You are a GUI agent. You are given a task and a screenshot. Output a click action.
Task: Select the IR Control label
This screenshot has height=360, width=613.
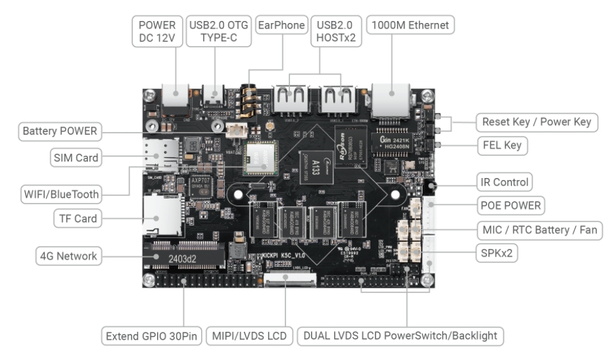tap(504, 182)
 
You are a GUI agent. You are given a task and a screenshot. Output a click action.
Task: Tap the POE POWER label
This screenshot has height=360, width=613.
tap(511, 206)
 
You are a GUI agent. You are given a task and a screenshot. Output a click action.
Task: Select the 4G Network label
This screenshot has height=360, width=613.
tap(68, 257)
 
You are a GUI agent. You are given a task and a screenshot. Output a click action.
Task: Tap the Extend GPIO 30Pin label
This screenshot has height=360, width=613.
tap(151, 335)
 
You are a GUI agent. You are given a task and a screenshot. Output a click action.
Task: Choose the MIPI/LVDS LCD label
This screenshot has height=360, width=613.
tap(250, 335)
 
